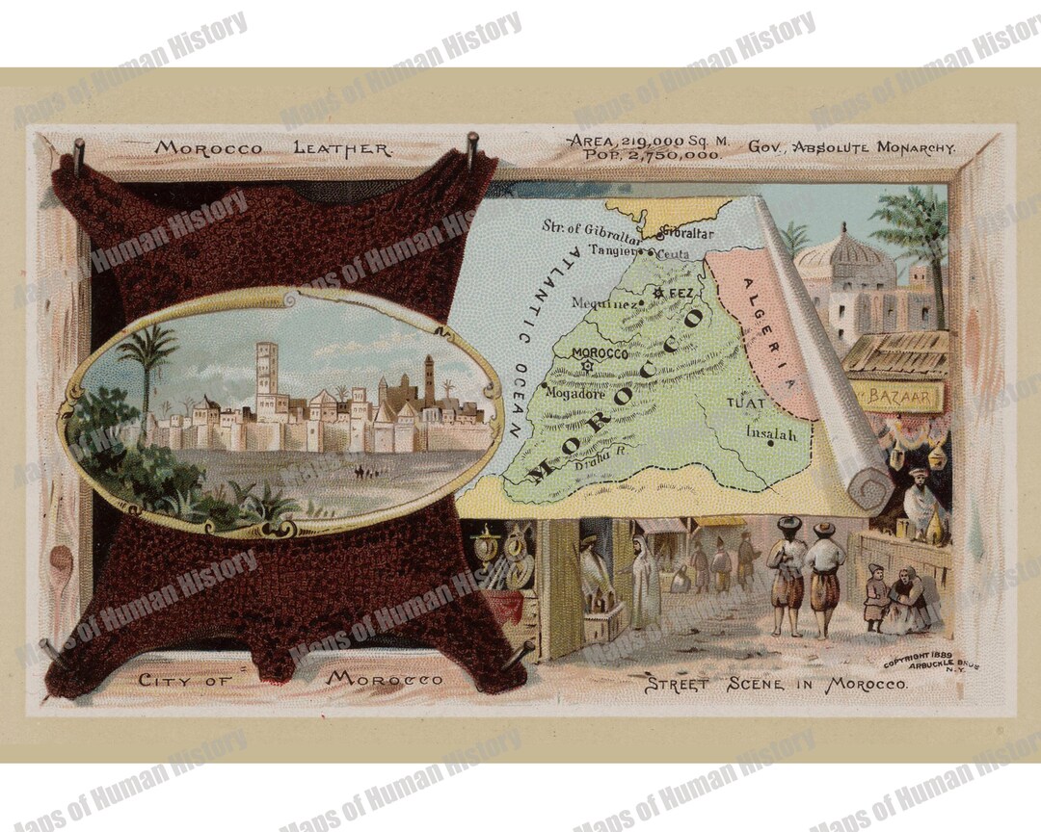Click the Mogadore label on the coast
[x=574, y=392]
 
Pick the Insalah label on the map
[x=771, y=434]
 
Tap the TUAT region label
[x=744, y=403]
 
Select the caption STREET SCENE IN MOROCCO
[x=775, y=685]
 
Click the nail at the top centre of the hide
[x=472, y=147]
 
